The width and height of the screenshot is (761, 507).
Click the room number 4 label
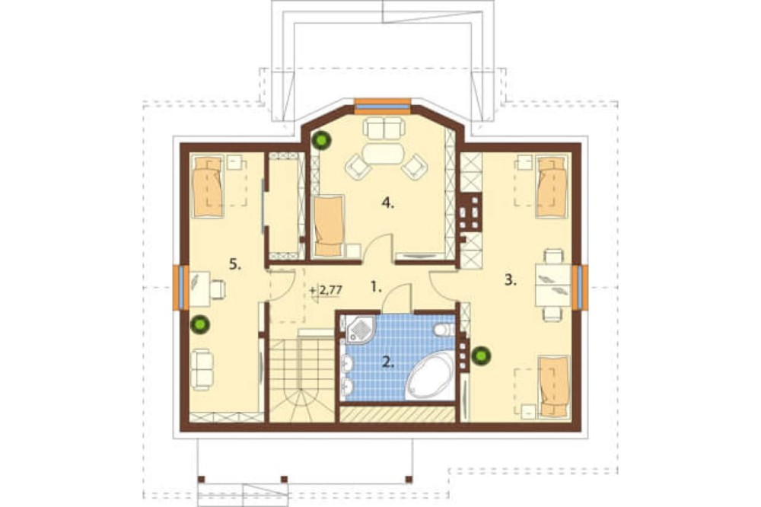click(387, 203)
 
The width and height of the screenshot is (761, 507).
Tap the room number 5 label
click(235, 265)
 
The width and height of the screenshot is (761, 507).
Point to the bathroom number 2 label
click(387, 362)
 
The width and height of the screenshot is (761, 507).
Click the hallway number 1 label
click(376, 287)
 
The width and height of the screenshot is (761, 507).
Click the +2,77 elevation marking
click(326, 290)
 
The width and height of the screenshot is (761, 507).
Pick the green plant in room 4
click(321, 140)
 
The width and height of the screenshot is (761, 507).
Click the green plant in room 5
click(199, 324)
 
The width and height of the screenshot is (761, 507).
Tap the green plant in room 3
click(481, 356)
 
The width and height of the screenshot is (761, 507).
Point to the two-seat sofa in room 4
click(384, 128)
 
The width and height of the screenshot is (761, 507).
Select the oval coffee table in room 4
click(384, 154)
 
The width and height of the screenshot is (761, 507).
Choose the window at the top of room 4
click(383, 105)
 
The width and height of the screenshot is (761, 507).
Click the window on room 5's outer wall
click(180, 287)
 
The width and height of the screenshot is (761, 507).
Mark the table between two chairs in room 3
click(552, 285)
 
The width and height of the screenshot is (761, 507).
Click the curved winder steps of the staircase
click(303, 406)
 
